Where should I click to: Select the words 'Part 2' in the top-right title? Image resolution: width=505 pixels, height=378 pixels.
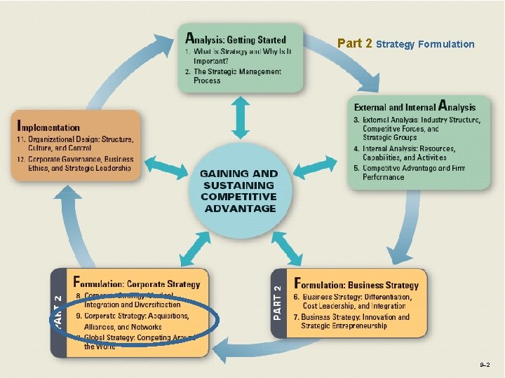354,43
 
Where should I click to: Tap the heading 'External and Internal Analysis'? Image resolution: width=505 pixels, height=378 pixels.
415,107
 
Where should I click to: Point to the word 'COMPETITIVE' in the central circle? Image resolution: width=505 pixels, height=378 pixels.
238,197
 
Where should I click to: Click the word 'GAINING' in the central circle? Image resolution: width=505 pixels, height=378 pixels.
225,174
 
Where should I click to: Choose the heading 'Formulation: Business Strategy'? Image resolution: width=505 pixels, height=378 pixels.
356,284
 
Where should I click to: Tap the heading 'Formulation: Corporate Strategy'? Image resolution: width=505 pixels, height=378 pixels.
137,284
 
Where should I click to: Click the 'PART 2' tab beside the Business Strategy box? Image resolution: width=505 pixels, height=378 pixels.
278,302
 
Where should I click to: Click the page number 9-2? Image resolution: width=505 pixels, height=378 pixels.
485,365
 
